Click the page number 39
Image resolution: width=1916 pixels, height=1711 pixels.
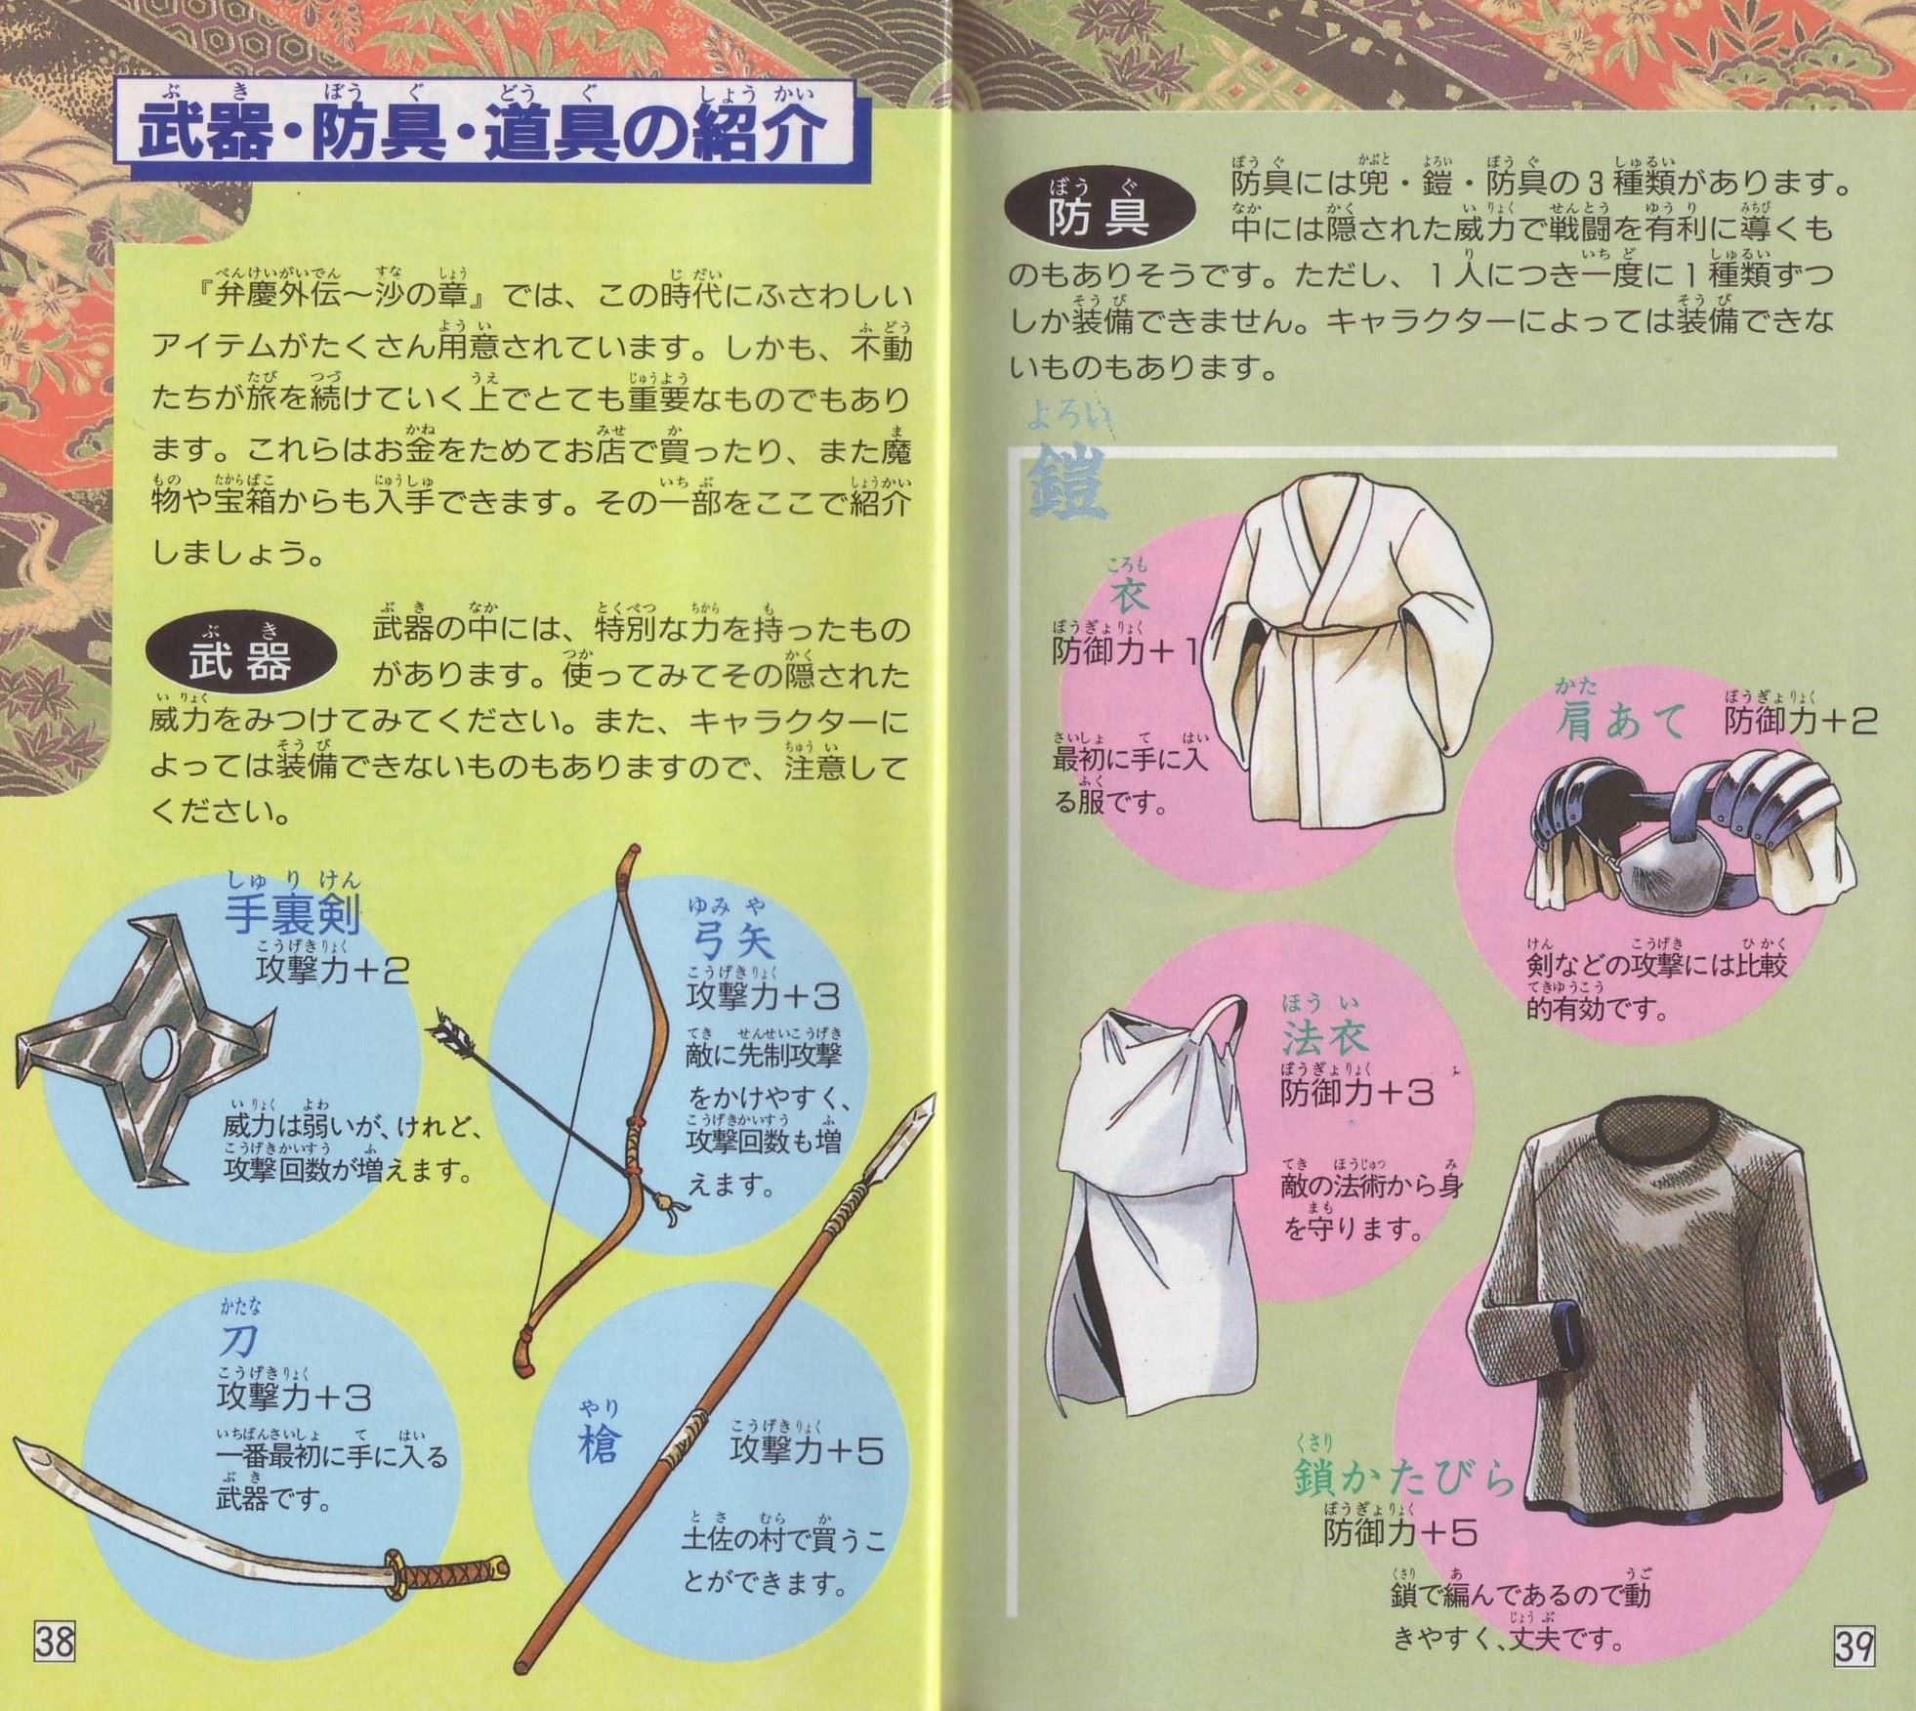coord(1853,1647)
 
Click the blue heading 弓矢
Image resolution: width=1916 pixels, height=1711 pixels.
coord(732,939)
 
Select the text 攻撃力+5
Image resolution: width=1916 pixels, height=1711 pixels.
coord(806,1450)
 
